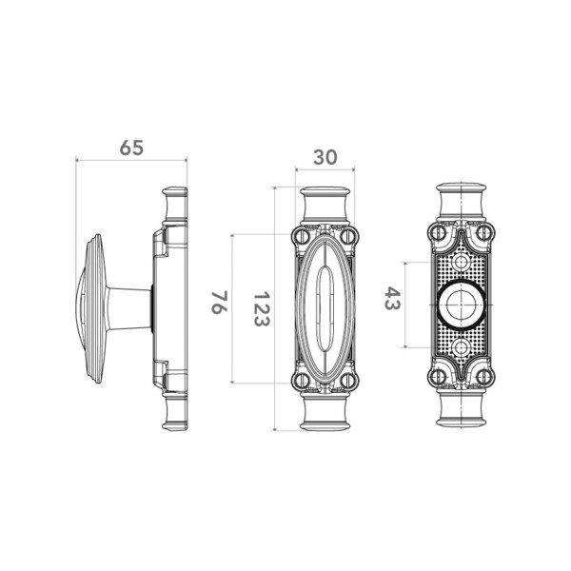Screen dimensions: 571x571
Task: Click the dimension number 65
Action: (131, 148)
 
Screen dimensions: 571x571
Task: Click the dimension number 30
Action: (325, 157)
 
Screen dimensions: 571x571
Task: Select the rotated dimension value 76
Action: (220, 303)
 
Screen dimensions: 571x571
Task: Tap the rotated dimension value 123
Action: (262, 308)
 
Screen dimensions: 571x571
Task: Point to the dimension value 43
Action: (392, 298)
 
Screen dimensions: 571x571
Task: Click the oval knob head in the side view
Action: (91, 308)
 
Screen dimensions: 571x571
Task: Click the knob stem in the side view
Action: (130, 308)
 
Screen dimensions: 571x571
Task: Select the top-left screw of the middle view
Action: (302, 236)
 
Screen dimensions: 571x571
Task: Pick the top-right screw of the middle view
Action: (347, 236)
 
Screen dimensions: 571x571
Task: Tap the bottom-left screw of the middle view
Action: (302, 380)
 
